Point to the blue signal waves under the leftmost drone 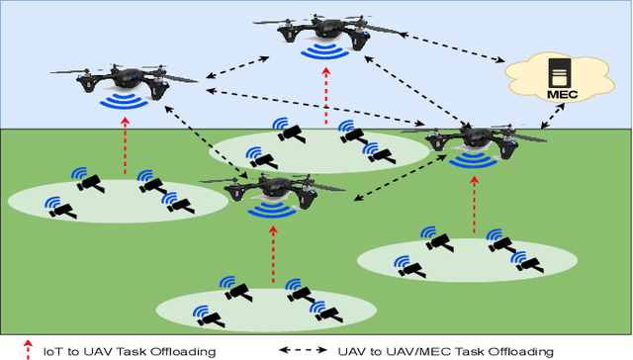(x=124, y=101)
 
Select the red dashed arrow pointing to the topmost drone (x=326, y=99)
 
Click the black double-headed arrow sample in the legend (x=303, y=349)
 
